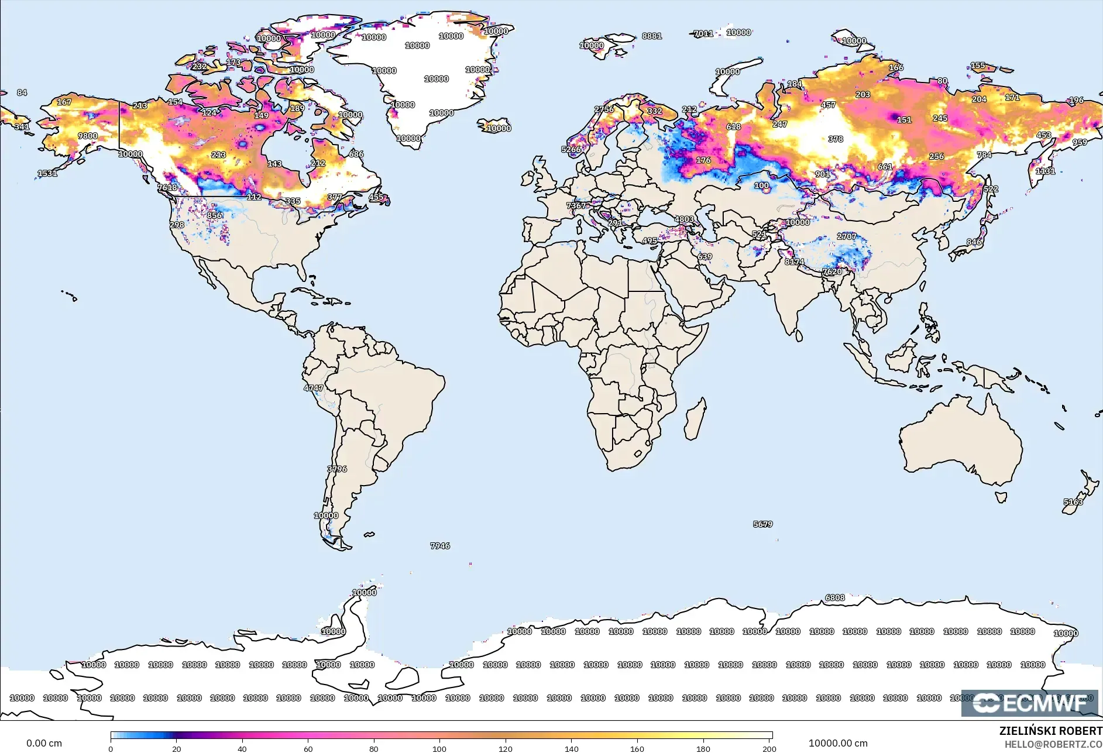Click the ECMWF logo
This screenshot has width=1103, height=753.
click(x=1030, y=703)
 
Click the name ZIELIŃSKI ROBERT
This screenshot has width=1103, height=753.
click(x=1050, y=731)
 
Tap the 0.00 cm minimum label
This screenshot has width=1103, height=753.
click(x=44, y=743)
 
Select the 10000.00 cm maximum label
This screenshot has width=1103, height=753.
click(x=838, y=743)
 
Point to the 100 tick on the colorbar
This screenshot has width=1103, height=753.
click(x=439, y=748)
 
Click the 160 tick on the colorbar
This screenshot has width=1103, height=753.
click(x=637, y=748)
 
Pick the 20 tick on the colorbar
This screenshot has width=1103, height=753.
click(x=176, y=748)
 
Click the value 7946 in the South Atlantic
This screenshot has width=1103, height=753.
click(x=440, y=546)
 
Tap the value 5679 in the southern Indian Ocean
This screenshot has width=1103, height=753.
click(x=762, y=524)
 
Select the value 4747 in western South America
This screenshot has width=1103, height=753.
click(x=313, y=388)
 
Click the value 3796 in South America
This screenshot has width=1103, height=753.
click(x=337, y=469)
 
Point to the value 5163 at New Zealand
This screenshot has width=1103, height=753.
click(x=1073, y=502)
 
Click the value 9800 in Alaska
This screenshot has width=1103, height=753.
click(x=88, y=136)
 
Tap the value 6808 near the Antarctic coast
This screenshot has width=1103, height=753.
click(x=835, y=597)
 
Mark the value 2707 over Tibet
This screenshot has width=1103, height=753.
click(x=847, y=236)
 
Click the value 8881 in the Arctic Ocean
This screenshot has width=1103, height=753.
click(x=652, y=36)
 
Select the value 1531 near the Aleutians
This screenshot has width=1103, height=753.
click(x=47, y=173)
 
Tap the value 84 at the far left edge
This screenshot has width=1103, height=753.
click(x=22, y=92)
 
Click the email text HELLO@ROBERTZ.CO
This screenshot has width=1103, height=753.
click(x=1053, y=744)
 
